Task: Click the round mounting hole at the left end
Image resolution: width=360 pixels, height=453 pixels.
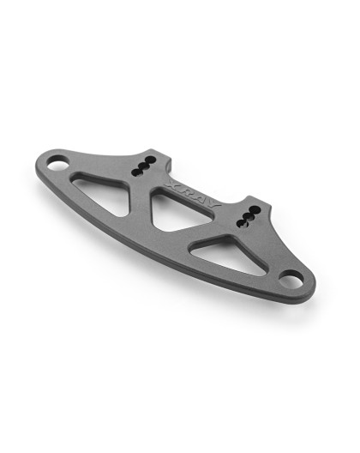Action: [x=57, y=160]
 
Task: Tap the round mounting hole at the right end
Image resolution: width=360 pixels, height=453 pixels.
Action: [x=291, y=277]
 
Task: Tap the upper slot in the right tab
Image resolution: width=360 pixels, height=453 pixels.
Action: [x=253, y=208]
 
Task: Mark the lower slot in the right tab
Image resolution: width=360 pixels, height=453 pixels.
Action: [x=247, y=220]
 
